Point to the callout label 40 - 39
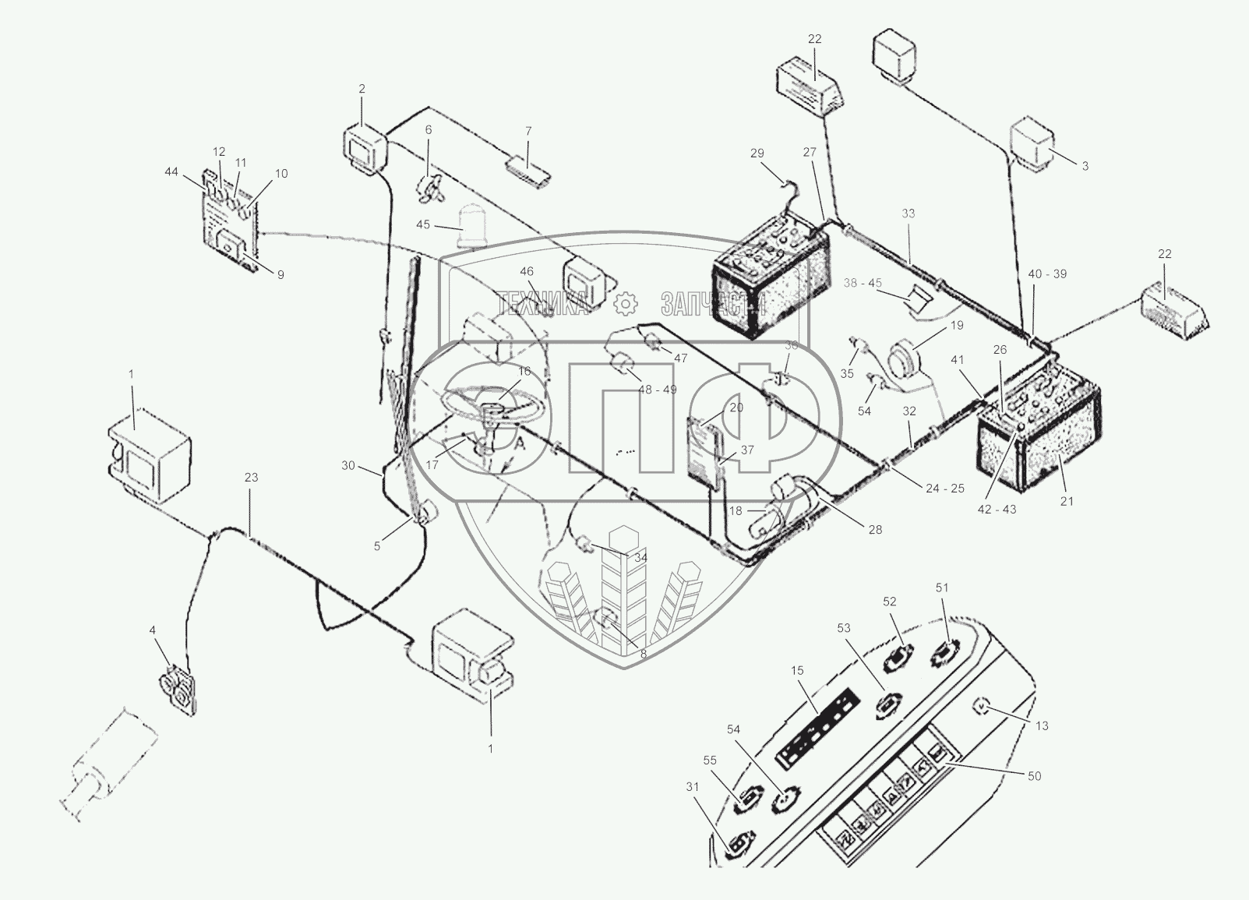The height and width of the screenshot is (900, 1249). tap(1047, 274)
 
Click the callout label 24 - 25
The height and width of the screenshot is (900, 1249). tap(944, 489)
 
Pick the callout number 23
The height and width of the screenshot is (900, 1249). tap(251, 478)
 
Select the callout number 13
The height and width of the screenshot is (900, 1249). tap(1043, 725)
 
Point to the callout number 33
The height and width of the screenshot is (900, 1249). tap(909, 214)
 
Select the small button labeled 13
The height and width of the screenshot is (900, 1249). tap(982, 707)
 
